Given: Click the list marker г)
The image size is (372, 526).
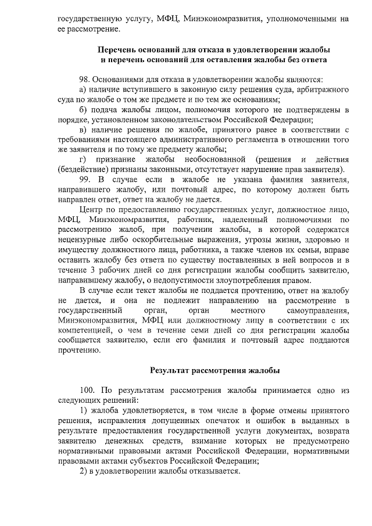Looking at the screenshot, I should [x=83, y=159].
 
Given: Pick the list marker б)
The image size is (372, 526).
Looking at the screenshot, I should [x=83, y=109].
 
